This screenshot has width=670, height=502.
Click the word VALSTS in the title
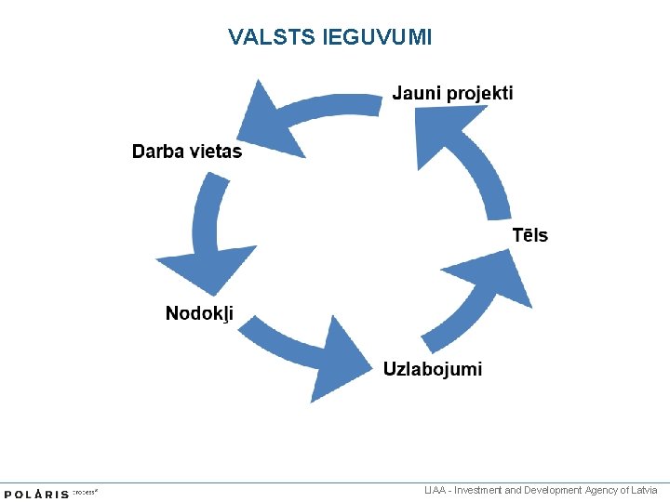(x=273, y=37)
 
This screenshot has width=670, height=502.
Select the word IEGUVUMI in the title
(x=377, y=37)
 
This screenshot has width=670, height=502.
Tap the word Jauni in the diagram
(x=416, y=93)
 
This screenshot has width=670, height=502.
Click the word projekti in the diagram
(x=479, y=93)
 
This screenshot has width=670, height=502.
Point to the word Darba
(x=158, y=152)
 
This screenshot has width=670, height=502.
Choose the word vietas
(x=216, y=152)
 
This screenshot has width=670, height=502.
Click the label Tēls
(x=530, y=235)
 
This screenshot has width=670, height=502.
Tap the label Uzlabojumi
(x=433, y=369)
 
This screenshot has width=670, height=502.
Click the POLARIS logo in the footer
(x=37, y=494)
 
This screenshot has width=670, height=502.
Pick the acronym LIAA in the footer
(x=434, y=490)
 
